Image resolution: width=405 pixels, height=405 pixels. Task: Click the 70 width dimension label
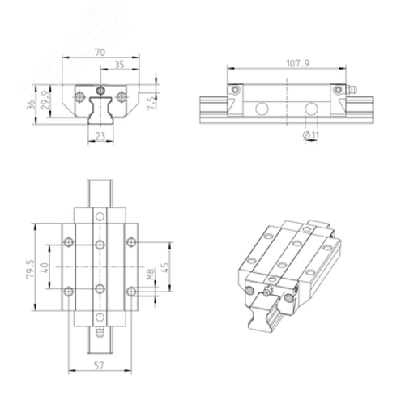(100, 52)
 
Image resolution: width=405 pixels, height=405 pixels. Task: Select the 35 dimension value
(120, 65)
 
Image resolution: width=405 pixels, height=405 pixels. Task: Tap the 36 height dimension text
(31, 104)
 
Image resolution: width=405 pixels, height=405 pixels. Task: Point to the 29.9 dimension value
(45, 100)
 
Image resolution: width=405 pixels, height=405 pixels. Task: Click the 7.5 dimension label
(151, 103)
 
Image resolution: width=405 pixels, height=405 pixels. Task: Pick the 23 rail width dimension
(100, 136)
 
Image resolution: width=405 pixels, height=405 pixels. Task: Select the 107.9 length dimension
(297, 63)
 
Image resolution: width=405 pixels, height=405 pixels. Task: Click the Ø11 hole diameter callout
(311, 134)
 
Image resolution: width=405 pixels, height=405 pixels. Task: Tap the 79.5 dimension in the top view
(31, 269)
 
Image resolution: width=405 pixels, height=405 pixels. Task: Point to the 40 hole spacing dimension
(45, 267)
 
